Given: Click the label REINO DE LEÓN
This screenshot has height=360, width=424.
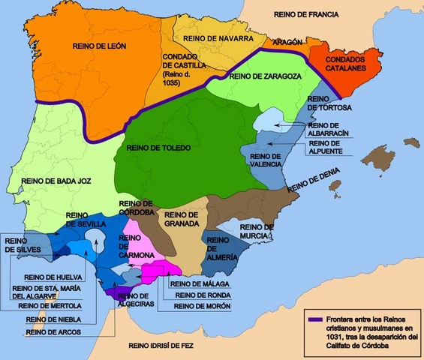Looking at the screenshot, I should [x=98, y=46].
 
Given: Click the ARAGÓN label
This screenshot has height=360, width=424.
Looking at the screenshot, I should [x=287, y=43].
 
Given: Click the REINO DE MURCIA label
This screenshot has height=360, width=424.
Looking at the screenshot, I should [x=257, y=231].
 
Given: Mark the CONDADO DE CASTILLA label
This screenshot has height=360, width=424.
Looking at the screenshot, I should [x=185, y=65].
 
